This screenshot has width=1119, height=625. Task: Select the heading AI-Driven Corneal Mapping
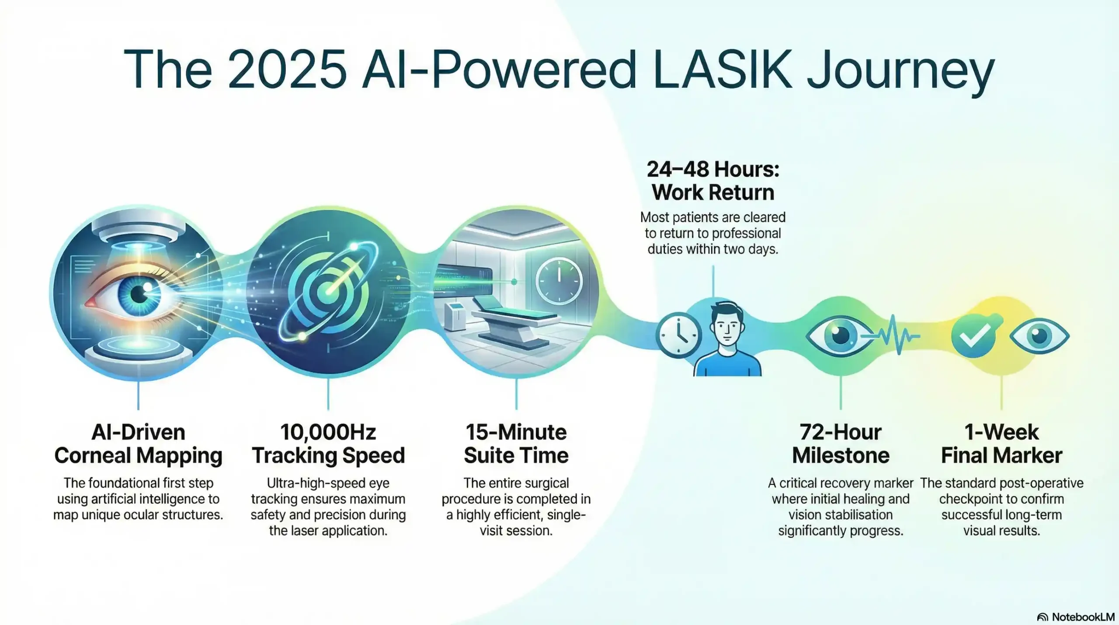pos(138,443)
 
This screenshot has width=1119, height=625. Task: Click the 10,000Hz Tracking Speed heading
pos(328,443)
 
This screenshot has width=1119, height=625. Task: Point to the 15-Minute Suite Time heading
pos(516,443)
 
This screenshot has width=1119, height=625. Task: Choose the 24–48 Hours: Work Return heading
pos(713,181)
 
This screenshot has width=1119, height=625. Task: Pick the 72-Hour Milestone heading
pos(841,443)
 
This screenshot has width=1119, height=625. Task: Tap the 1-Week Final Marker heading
pos(1001,443)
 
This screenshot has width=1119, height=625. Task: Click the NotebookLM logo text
pos(1082,617)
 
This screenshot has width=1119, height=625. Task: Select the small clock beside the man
pos(678,336)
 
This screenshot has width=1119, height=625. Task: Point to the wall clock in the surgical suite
pos(559,280)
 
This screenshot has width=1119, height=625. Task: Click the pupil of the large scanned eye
pos(139,294)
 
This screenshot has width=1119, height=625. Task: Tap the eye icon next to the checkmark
pos(1039,336)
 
